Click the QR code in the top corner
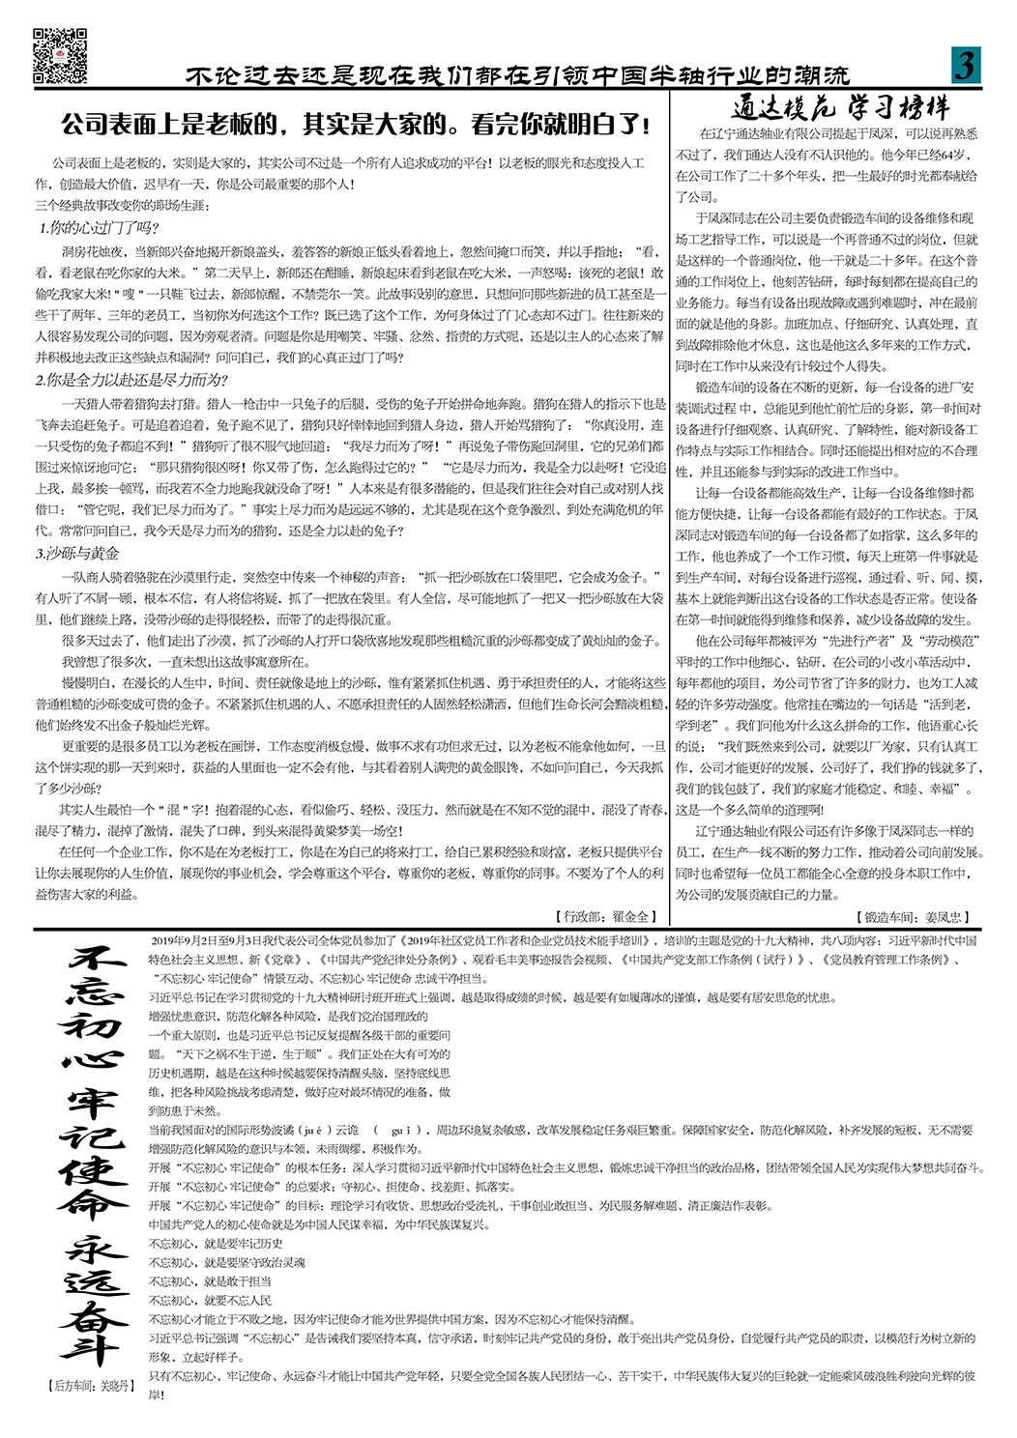(x=60, y=55)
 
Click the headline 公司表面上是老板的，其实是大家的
(x=355, y=125)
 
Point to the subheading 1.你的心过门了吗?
(x=99, y=228)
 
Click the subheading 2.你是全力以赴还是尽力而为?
(x=132, y=380)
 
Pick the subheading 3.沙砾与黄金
(x=78, y=553)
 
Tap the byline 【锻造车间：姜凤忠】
(x=912, y=916)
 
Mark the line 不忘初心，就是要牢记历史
(x=216, y=1244)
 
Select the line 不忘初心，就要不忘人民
(x=210, y=1301)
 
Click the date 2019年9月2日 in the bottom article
(x=185, y=940)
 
